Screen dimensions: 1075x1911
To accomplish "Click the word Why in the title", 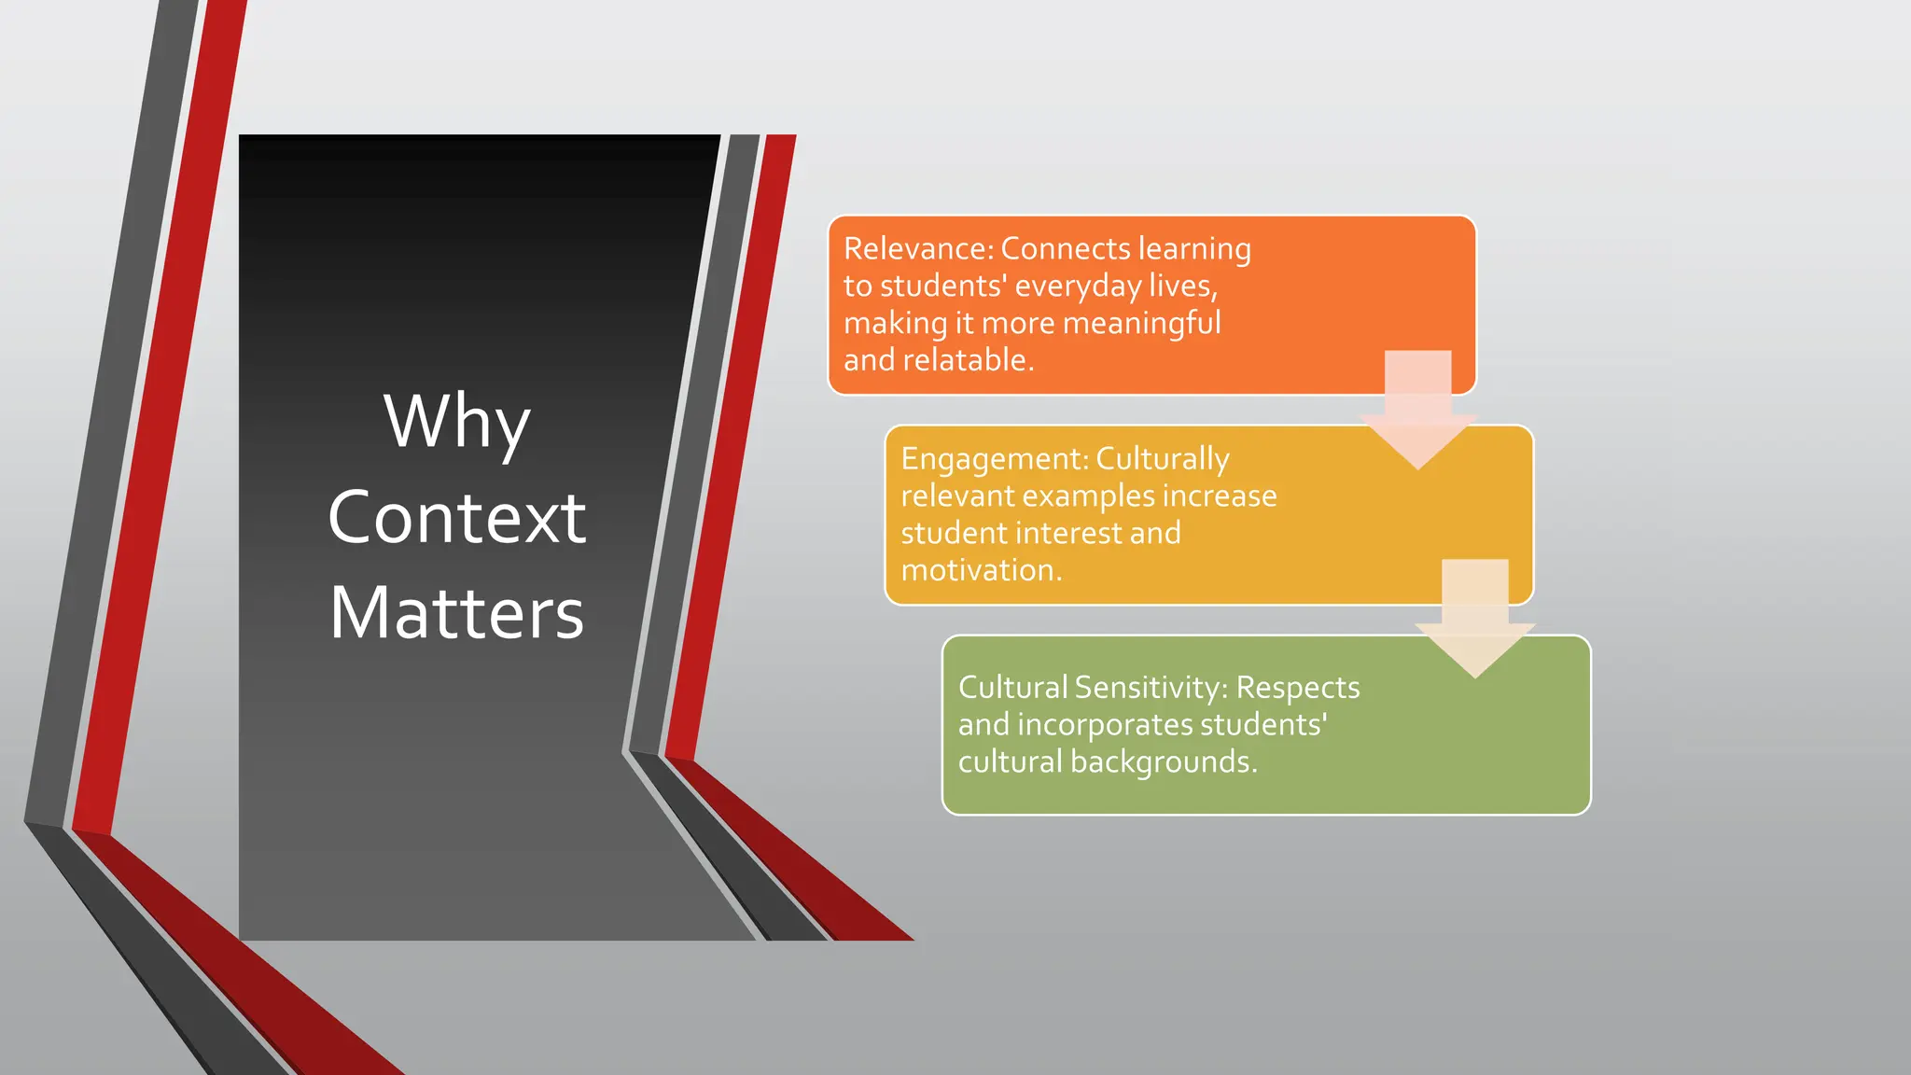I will click(x=456, y=422).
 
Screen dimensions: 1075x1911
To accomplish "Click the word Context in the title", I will click(x=456, y=518).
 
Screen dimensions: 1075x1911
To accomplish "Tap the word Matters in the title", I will click(x=456, y=613).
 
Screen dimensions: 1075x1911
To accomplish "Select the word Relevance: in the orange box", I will click(x=918, y=249).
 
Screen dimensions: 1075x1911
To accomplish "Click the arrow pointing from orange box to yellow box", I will click(x=1417, y=411).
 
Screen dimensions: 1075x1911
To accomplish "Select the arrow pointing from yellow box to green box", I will click(x=1474, y=620).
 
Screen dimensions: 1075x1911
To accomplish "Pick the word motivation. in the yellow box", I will click(x=982, y=570).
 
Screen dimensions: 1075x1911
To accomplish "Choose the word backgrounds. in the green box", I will click(x=1164, y=762).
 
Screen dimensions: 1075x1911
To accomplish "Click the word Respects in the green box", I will click(x=1298, y=688).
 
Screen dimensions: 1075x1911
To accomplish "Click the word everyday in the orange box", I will click(x=1078, y=286).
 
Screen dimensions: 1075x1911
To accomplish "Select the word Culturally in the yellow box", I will click(x=1163, y=459).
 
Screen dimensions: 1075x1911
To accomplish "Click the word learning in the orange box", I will click(x=1194, y=249).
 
